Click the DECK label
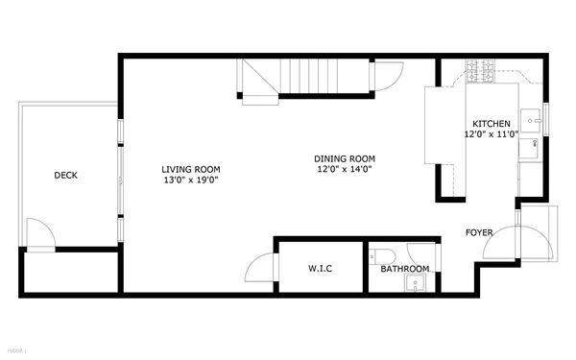pos(65,175)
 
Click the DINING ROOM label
pos(345,158)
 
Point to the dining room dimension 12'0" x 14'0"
pos(345,169)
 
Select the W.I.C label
pos(320,268)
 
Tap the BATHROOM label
pos(404,269)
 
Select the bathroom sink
pos(415,282)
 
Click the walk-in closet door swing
pos(261,268)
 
